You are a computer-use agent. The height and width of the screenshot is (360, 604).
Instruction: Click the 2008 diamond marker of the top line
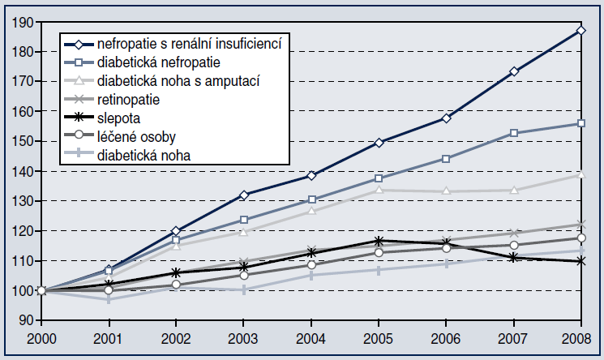tap(581, 31)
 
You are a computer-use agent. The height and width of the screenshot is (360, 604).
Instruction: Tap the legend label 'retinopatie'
tap(131, 99)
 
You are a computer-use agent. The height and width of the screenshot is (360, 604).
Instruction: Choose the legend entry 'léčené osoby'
tap(134, 136)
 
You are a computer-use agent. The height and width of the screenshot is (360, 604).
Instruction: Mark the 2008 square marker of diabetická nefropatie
tap(581, 123)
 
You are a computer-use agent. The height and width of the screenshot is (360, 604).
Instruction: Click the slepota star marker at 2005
tap(379, 241)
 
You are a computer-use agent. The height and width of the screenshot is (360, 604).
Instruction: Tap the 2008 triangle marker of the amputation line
tap(581, 174)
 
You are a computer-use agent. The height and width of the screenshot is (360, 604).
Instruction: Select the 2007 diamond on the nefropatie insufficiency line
tap(514, 71)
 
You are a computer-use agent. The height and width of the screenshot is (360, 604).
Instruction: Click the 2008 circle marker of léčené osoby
tap(581, 238)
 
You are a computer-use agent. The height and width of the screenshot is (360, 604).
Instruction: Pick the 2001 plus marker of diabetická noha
tap(109, 299)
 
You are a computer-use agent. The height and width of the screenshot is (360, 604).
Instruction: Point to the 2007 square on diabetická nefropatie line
tap(514, 133)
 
